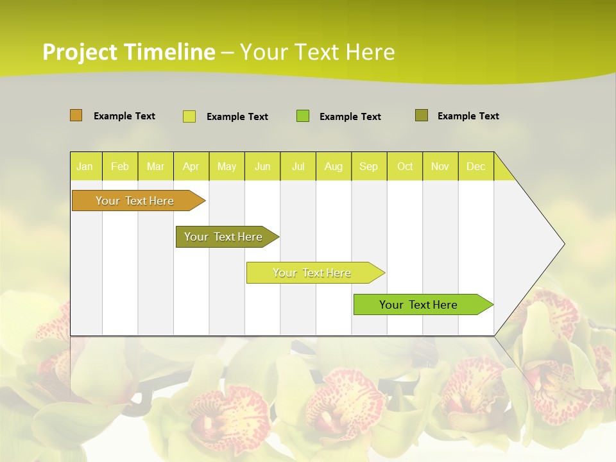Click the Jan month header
(85, 167)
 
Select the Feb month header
(120, 167)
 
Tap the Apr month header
(191, 167)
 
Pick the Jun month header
(262, 167)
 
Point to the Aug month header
(334, 167)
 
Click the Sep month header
(369, 167)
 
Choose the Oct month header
(405, 167)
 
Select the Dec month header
(476, 167)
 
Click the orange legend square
(76, 116)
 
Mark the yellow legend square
(189, 116)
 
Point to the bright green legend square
(303, 116)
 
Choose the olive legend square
(422, 116)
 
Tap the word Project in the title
(80, 52)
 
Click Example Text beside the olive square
(468, 116)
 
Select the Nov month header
(440, 167)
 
